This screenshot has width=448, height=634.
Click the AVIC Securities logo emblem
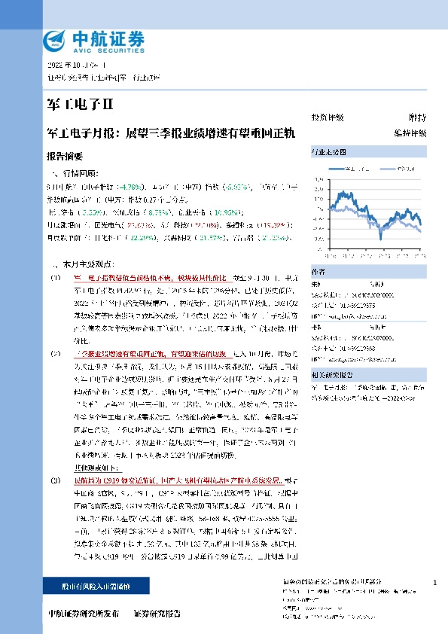(56, 40)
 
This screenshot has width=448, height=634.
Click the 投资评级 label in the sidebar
(328, 117)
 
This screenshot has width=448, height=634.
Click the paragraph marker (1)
(56, 277)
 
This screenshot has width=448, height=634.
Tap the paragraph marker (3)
(56, 480)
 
